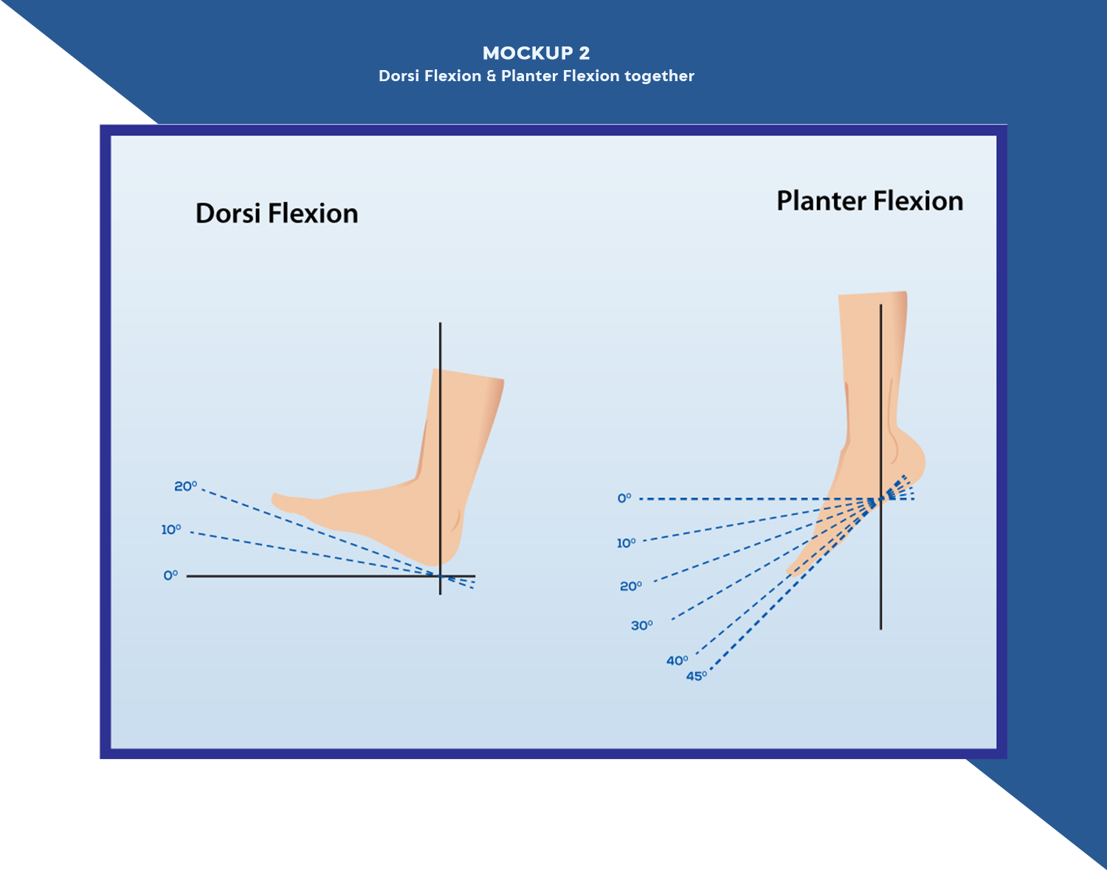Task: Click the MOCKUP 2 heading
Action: (536, 53)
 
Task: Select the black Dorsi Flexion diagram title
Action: (277, 213)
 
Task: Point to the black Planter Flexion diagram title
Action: (869, 201)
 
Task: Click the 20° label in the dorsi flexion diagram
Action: (185, 486)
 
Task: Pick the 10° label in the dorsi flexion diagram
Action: (171, 530)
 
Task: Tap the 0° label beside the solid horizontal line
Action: (170, 575)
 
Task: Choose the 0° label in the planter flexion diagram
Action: (624, 499)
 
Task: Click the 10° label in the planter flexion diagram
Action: (626, 544)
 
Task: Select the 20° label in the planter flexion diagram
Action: (631, 586)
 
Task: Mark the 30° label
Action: (641, 626)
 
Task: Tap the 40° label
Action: (677, 661)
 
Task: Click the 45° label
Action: (697, 677)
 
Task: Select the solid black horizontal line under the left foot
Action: (310, 575)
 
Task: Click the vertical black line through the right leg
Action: (880, 575)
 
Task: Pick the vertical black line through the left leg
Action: (441, 347)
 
